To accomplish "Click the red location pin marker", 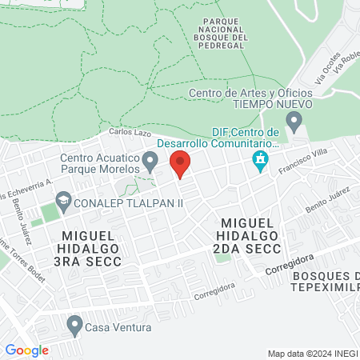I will coord(181,163).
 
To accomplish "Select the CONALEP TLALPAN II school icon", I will coord(63,202).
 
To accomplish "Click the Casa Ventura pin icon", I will coord(75,325).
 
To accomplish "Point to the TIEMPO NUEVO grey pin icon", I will coord(294,122).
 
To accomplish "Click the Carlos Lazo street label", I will coord(130,132).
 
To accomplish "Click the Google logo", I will coord(26,350).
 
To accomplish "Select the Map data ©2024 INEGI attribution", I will coord(311,354).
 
